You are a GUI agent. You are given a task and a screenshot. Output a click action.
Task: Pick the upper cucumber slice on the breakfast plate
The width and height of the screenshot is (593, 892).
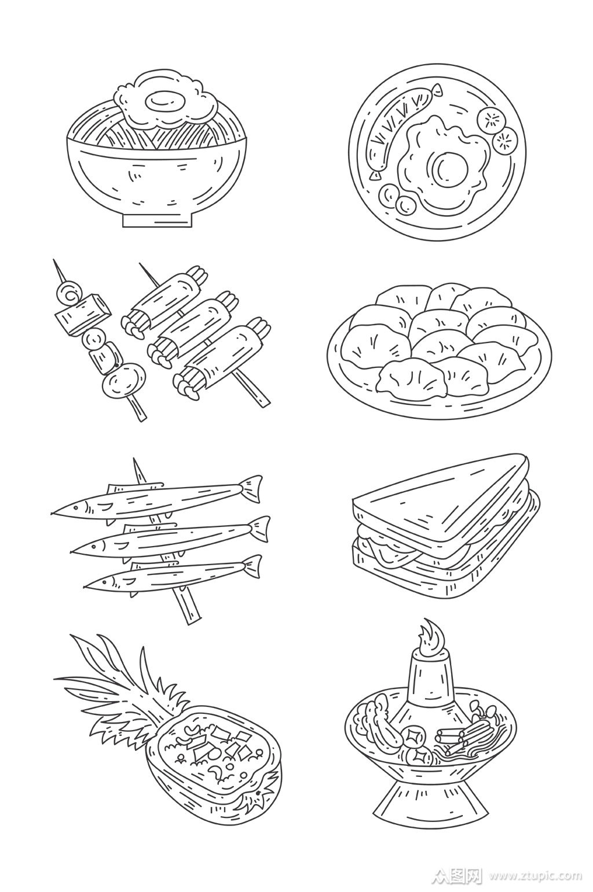click(x=490, y=119)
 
